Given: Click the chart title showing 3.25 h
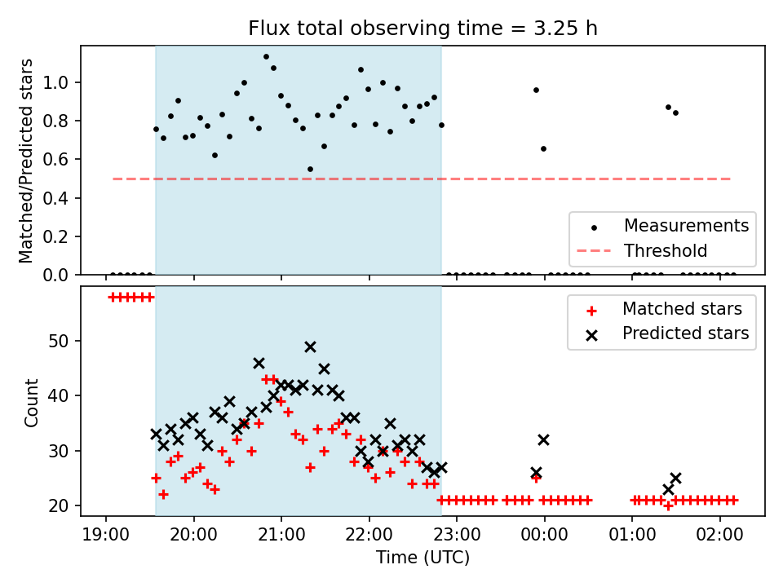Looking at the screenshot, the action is (422, 29).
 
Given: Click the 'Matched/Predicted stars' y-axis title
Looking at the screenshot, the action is (26, 161).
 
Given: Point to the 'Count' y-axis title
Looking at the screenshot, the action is (31, 402).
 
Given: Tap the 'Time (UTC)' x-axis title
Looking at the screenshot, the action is (422, 557).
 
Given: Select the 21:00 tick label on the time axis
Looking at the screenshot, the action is (281, 535).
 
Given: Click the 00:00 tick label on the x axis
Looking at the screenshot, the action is (544, 535).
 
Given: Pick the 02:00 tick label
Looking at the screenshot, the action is (719, 535).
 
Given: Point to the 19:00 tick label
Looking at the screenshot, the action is (106, 535).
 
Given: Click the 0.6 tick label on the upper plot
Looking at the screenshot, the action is (55, 160).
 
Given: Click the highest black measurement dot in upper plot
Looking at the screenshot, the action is (266, 57).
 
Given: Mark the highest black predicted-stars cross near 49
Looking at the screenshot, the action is (310, 347).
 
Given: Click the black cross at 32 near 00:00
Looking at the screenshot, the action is (543, 439).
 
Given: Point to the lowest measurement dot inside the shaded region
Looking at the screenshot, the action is (310, 170).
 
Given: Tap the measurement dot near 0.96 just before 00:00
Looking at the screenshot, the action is (537, 90).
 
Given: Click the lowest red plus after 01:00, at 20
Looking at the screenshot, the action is (668, 505).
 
